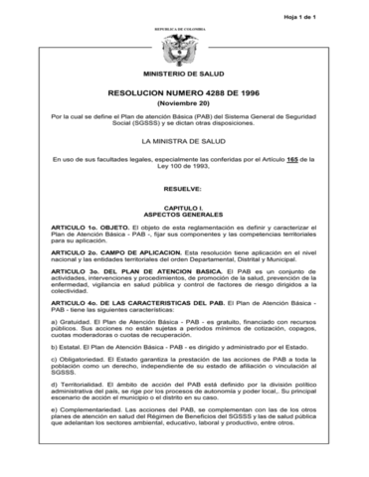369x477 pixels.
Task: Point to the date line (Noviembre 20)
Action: (184, 105)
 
